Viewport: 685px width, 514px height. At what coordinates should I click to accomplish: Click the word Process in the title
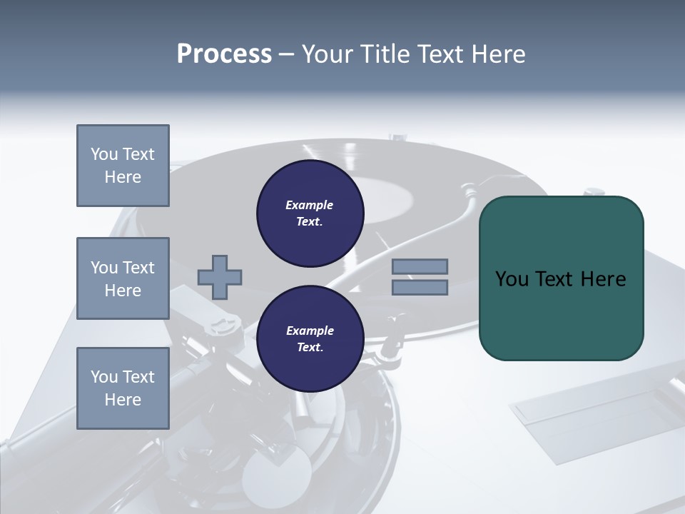pos(224,54)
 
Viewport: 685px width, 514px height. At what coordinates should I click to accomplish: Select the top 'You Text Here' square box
pos(123,166)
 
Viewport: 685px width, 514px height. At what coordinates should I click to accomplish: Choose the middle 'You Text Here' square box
pos(123,278)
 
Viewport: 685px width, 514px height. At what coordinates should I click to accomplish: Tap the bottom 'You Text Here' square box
pos(123,388)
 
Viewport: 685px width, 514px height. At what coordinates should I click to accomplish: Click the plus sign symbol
pos(220,277)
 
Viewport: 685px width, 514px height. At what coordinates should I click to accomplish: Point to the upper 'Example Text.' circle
pos(310,213)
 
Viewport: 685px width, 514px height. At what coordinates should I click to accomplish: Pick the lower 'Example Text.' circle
pos(310,338)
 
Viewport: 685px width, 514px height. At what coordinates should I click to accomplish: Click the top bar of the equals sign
pos(420,266)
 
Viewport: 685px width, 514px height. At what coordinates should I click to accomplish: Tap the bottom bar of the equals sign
pos(420,287)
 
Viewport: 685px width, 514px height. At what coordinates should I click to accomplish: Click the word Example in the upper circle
pos(310,205)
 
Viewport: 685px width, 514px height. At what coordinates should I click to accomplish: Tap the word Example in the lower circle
pos(310,331)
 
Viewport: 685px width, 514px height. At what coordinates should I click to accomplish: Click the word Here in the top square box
pos(123,177)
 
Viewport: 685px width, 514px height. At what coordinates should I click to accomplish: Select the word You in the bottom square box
pos(103,376)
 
